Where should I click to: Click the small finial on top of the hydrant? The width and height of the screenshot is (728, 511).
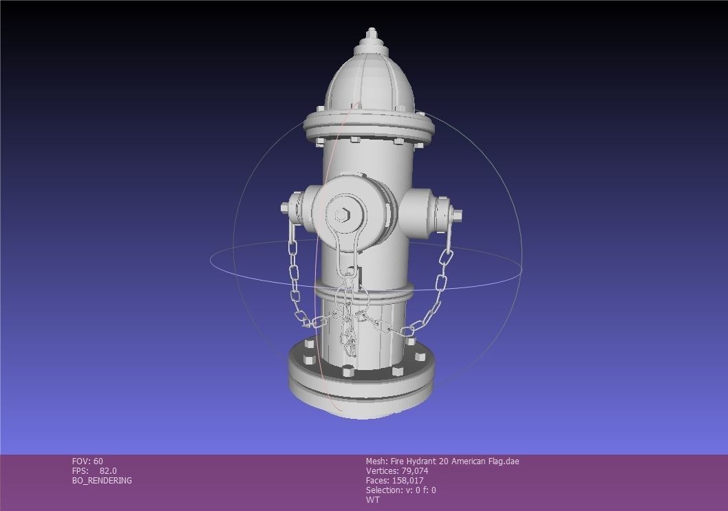point(372,35)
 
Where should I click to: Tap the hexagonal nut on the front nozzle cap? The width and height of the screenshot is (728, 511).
point(342,215)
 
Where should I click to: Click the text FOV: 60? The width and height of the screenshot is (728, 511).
point(87,461)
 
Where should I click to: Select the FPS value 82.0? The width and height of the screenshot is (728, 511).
point(108,471)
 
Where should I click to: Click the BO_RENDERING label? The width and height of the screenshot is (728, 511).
point(102,481)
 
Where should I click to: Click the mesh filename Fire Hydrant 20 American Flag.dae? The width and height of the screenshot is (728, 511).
point(454,461)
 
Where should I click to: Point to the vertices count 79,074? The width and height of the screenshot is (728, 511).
point(415,471)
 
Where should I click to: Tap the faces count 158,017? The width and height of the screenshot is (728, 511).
point(408,481)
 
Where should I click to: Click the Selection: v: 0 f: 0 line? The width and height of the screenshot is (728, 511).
point(400,490)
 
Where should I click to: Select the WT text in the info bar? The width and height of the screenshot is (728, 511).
point(372,500)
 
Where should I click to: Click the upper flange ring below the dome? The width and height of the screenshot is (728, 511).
point(368,128)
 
